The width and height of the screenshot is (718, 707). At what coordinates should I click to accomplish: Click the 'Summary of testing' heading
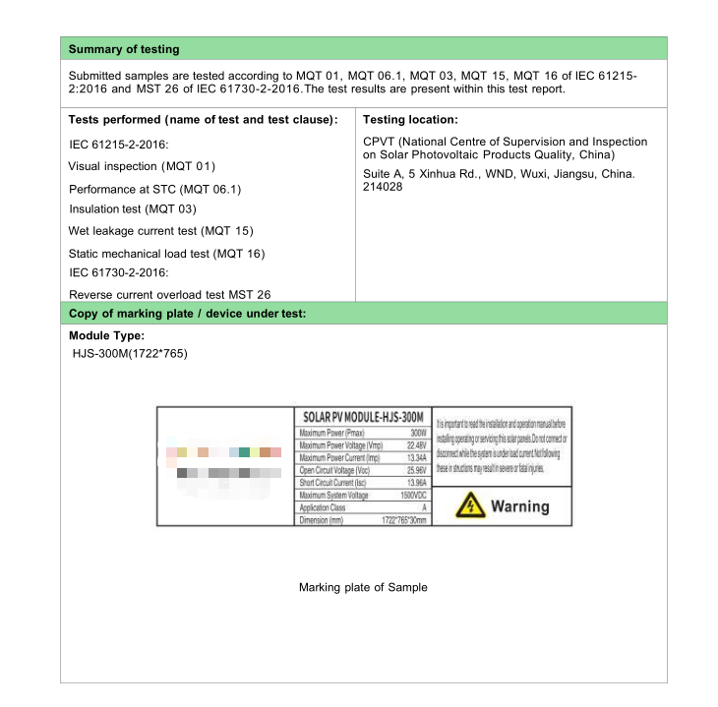[124, 49]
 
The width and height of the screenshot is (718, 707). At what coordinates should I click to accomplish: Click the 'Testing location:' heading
[410, 120]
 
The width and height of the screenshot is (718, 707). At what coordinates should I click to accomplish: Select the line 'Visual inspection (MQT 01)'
[142, 166]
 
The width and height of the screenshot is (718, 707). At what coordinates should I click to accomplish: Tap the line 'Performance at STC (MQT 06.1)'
[154, 189]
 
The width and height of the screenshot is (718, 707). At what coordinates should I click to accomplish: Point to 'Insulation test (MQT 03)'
[133, 208]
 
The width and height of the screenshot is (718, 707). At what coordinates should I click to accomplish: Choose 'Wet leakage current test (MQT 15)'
[160, 231]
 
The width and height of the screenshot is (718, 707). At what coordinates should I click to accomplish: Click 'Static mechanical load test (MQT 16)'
[167, 254]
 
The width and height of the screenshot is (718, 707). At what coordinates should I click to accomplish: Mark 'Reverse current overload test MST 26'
[169, 294]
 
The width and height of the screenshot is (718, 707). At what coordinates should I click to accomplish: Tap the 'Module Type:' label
[106, 336]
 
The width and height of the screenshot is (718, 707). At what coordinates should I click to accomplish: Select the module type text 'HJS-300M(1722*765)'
[130, 353]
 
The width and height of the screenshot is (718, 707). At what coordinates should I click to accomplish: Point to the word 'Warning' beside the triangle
[519, 506]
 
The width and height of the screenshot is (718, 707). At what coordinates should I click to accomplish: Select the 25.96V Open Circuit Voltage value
[416, 471]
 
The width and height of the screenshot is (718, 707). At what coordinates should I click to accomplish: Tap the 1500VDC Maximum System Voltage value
[413, 496]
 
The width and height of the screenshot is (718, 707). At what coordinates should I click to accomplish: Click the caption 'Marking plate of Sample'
[363, 587]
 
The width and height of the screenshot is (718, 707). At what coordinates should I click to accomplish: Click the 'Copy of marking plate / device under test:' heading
[188, 314]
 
